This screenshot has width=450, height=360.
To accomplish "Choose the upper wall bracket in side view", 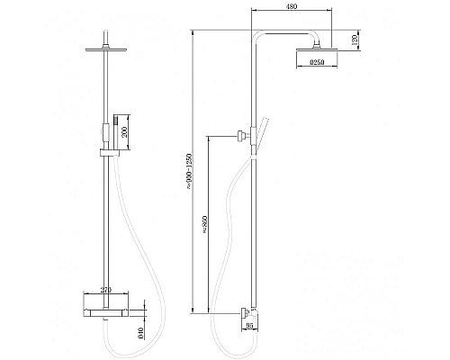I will pos(242,137).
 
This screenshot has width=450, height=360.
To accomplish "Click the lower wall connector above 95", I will pos(246,313).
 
